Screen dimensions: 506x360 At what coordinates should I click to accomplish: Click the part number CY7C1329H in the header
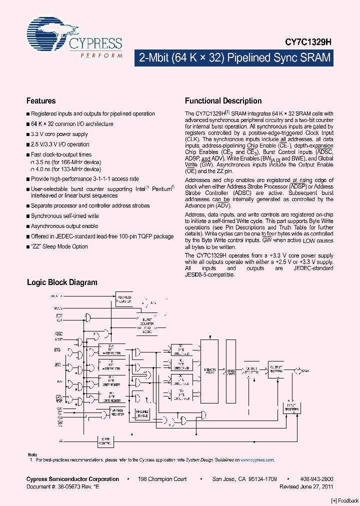point(311,43)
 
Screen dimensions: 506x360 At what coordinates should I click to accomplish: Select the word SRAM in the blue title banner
point(313,57)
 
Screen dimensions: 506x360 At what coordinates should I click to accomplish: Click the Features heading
point(40,100)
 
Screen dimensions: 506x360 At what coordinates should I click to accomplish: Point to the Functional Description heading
point(223,100)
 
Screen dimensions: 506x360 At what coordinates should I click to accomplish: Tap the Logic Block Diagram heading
point(61,282)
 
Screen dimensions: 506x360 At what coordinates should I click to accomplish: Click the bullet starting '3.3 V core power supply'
point(59,134)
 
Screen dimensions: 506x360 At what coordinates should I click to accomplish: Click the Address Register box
point(124,298)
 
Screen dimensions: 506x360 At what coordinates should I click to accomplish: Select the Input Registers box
point(292,407)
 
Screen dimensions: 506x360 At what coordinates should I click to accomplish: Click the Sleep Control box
point(105,440)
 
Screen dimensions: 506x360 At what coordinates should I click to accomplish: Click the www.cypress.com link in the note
point(257,459)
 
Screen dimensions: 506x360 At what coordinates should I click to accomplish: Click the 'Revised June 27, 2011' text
point(306,486)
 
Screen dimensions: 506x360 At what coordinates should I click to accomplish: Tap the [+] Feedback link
point(345,500)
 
